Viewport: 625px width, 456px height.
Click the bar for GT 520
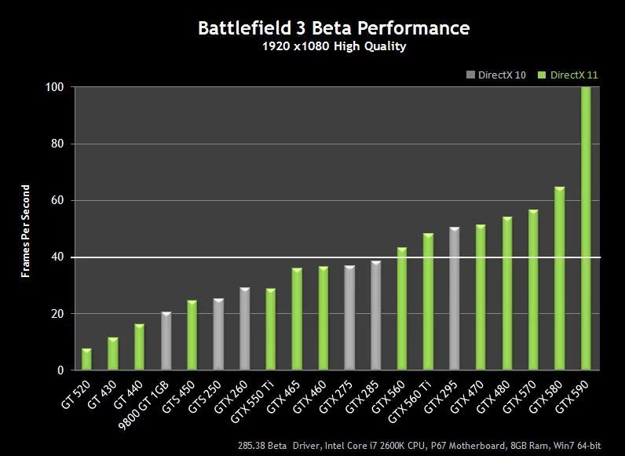(86, 359)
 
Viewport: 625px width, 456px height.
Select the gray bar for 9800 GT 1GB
(166, 341)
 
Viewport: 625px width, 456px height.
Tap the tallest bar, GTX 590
(586, 228)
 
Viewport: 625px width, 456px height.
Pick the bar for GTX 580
(559, 278)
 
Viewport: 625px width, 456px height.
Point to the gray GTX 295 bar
(454, 298)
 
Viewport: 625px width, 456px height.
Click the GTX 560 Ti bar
(428, 301)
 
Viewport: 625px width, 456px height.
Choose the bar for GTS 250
(218, 334)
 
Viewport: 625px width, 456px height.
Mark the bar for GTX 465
(297, 319)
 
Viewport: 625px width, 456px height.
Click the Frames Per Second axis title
(26, 232)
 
